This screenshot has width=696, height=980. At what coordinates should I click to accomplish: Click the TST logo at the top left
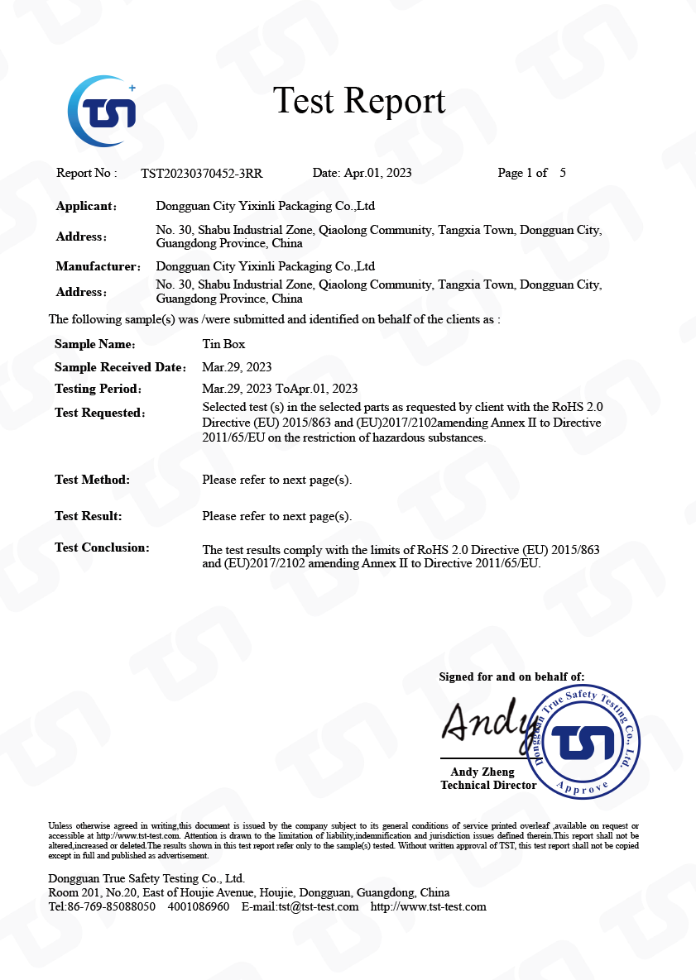coord(102,112)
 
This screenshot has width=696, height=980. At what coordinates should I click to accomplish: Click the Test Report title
coord(359,101)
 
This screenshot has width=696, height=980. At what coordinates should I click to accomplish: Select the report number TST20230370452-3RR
coord(202,174)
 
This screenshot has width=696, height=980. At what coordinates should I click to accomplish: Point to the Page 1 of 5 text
coord(531,174)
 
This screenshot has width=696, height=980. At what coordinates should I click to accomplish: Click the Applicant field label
coord(86,207)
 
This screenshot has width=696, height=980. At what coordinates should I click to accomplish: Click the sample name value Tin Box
coord(223,344)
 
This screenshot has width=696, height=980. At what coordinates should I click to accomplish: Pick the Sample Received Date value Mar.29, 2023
coord(237,367)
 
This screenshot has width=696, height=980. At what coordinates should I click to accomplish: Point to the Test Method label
coord(92,480)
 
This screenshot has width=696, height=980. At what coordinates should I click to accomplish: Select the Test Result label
coord(88,516)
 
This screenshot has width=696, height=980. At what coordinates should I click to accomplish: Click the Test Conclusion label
coord(102,547)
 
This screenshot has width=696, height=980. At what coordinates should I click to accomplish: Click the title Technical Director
coord(488,786)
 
